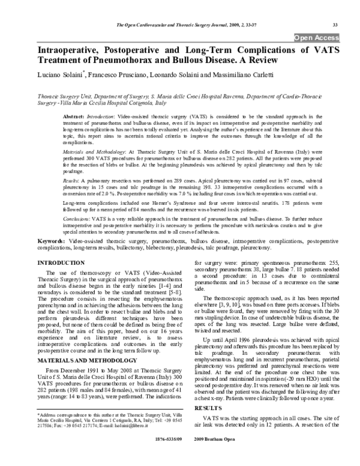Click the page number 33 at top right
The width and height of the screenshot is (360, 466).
[x=335, y=25]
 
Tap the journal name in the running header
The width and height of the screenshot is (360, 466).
[x=176, y=25]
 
